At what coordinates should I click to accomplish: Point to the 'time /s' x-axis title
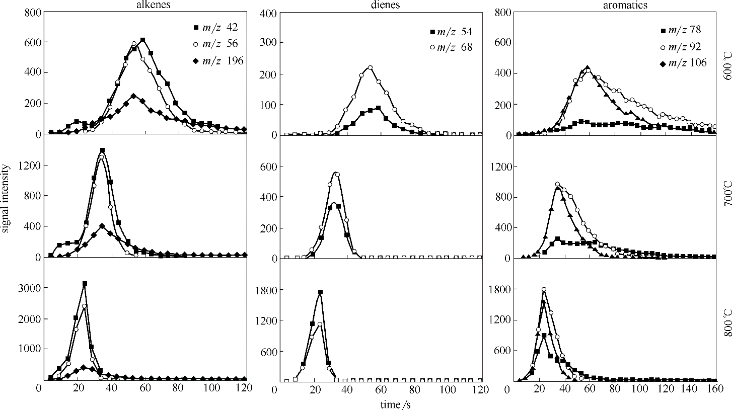(396, 403)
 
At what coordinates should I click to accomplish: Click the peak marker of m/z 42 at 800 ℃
(85, 284)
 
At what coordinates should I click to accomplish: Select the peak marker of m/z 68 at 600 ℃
(370, 68)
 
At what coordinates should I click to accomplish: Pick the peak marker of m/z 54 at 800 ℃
(320, 292)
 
